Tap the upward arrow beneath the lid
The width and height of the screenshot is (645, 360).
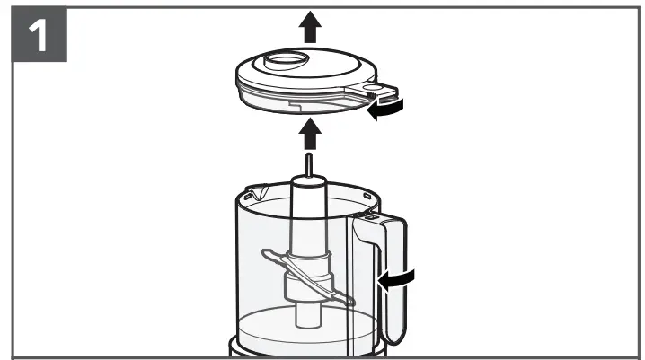tap(311, 136)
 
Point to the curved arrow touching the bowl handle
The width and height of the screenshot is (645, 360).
tap(399, 281)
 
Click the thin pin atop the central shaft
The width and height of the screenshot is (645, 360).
tap(307, 166)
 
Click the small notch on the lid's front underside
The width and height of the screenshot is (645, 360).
tap(296, 104)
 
